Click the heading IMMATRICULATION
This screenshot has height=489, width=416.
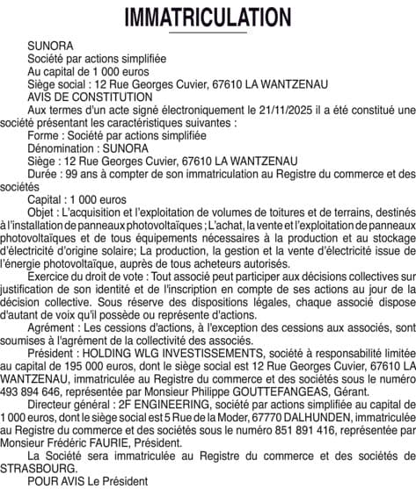point(208,18)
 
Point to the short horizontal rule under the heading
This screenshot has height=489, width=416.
point(208,32)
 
